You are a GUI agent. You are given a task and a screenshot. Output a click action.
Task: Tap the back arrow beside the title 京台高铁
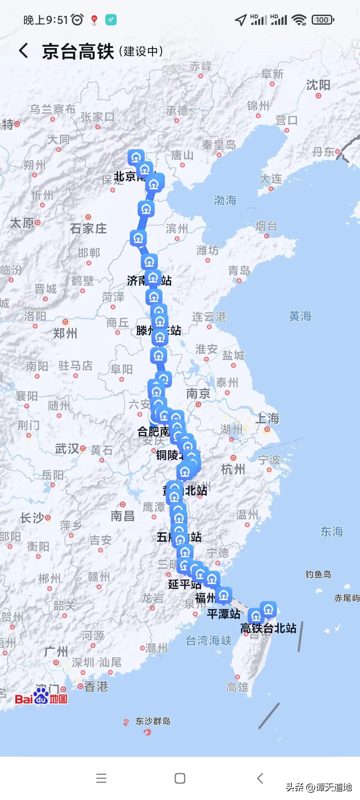click(x=23, y=51)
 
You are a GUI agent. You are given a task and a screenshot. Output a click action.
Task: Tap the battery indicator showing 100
click(x=322, y=20)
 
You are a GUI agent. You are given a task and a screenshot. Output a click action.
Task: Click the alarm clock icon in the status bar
click(x=77, y=20)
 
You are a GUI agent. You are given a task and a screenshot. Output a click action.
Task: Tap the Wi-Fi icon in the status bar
click(x=299, y=20)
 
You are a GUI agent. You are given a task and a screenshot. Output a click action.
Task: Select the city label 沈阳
click(x=318, y=85)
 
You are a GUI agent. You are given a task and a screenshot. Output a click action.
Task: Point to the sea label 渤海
click(x=225, y=200)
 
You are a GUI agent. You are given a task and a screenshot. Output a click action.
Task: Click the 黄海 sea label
click(x=300, y=316)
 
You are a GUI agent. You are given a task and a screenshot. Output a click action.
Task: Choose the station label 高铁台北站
click(x=268, y=628)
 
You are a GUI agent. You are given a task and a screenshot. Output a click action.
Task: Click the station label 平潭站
click(x=223, y=614)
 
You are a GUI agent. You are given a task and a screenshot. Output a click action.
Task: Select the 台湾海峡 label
click(x=209, y=640)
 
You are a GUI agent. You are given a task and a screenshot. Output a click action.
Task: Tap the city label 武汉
click(x=67, y=449)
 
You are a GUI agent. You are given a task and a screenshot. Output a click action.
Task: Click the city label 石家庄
click(x=88, y=229)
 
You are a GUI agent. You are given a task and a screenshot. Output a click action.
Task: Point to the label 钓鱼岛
click(x=318, y=574)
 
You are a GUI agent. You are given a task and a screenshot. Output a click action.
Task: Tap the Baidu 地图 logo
click(x=41, y=699)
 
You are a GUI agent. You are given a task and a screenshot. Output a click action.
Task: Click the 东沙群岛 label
click(x=153, y=721)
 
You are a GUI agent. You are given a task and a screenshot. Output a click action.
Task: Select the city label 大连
click(x=271, y=179)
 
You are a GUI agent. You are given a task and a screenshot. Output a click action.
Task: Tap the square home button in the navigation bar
click(x=180, y=778)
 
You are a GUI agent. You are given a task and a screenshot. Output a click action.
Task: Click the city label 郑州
click(x=65, y=333)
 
